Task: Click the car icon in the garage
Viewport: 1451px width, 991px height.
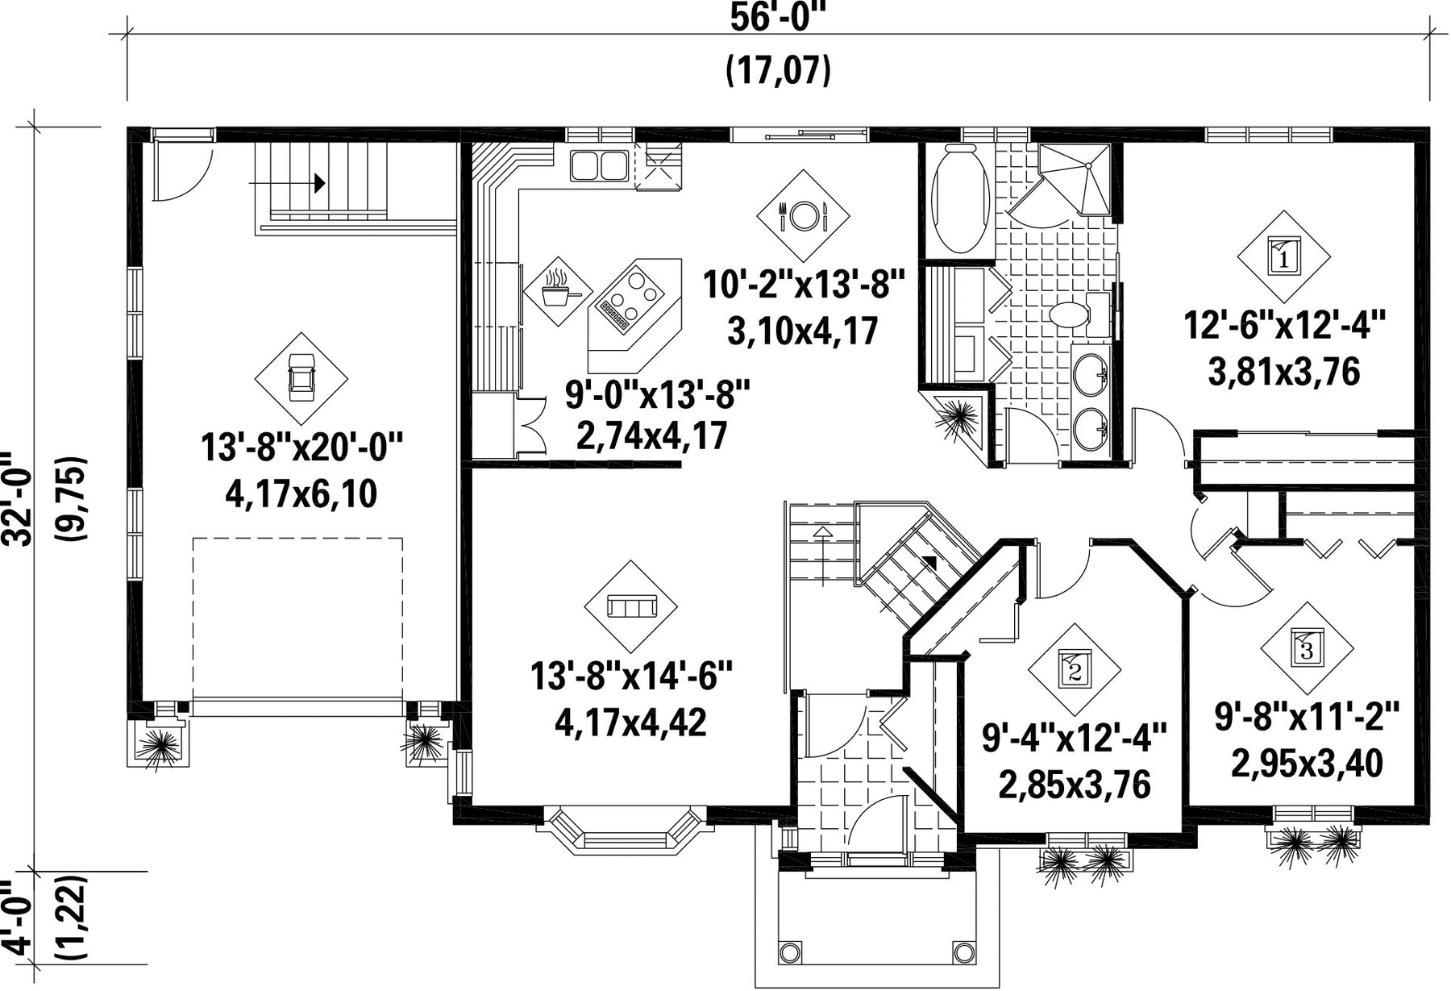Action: coord(301,378)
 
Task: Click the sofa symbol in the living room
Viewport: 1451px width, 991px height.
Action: coord(631,606)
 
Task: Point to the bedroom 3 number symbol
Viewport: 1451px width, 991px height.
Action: coord(1307,647)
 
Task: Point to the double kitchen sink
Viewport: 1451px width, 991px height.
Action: coord(600,165)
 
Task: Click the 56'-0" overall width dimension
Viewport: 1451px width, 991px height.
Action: coord(780,17)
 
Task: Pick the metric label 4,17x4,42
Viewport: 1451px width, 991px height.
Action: coord(630,722)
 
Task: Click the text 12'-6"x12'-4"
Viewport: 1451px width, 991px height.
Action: coord(1284,327)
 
